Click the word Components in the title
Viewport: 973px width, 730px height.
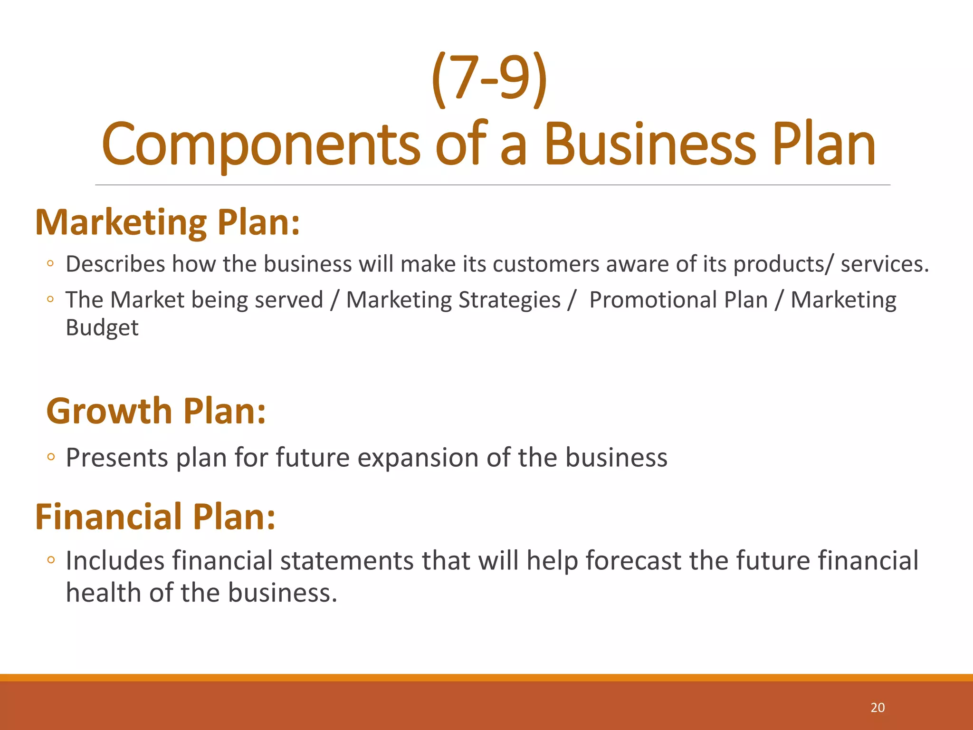pos(260,145)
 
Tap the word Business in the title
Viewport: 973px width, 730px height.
pos(649,145)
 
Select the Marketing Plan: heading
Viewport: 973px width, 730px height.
pos(168,222)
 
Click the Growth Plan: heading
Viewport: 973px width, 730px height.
pos(156,411)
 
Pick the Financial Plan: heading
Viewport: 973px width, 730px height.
pos(155,517)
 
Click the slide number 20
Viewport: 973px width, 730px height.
pos(878,708)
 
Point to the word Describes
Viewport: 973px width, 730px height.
pos(115,264)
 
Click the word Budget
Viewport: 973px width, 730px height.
pos(102,328)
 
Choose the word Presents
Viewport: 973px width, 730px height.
pos(117,458)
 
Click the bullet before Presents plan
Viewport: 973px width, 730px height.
pos(51,457)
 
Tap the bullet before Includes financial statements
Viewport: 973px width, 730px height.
pos(51,560)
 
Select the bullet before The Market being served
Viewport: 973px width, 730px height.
pos(50,299)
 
